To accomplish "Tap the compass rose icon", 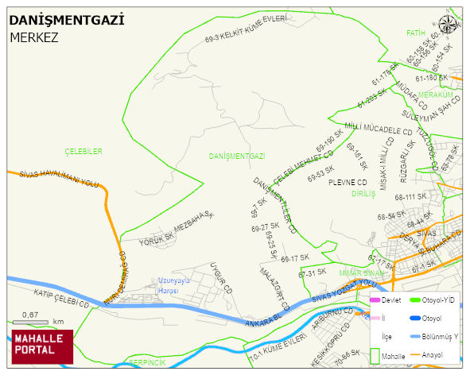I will (x=448, y=24).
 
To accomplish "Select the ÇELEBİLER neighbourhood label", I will (x=84, y=150).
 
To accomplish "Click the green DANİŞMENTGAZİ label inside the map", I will (x=236, y=157).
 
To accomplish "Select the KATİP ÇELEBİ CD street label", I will (x=59, y=297).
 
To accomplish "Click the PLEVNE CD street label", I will (x=348, y=182).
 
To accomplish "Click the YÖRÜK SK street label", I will (x=157, y=238).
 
